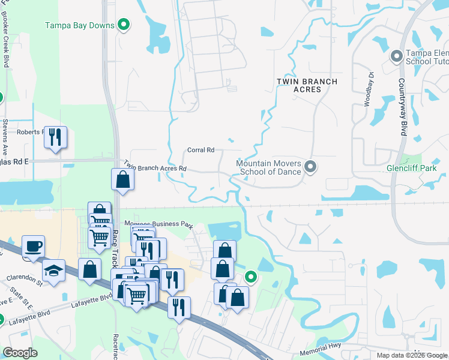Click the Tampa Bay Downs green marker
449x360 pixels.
124,25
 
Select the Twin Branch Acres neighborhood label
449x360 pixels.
307,85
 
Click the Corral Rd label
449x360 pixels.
201,150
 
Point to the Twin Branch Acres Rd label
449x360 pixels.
155,166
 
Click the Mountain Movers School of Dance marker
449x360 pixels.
310,167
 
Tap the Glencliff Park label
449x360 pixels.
412,169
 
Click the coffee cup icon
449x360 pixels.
33,246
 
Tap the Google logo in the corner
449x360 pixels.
20,353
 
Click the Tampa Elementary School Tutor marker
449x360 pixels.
396,57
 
